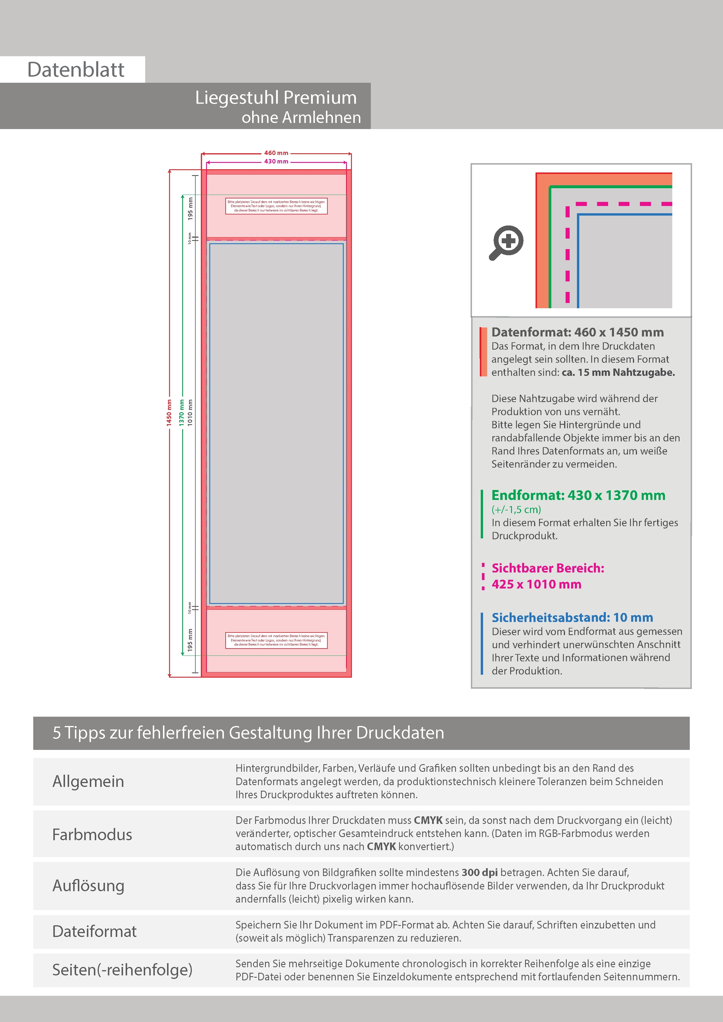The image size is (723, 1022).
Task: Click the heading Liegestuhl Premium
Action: coord(276,98)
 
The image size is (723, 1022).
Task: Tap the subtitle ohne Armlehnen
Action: coord(301,117)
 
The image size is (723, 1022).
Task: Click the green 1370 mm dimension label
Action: coord(182,413)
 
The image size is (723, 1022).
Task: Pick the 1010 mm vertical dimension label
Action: coord(190,413)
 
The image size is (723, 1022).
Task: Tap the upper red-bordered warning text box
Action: coord(276,206)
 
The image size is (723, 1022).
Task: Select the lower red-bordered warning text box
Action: coord(276,640)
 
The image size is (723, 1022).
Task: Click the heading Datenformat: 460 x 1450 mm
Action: coord(577,332)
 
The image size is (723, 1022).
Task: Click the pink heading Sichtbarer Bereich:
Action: coord(547,568)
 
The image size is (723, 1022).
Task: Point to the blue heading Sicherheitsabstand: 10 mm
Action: coord(572,617)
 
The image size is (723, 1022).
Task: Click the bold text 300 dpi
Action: coord(479,873)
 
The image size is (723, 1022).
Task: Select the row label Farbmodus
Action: coord(92,835)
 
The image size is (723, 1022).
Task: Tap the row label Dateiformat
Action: coord(94,931)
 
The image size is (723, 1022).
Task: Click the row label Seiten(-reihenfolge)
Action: coord(122,970)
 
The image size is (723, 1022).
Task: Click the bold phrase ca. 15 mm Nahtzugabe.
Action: coord(618,373)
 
